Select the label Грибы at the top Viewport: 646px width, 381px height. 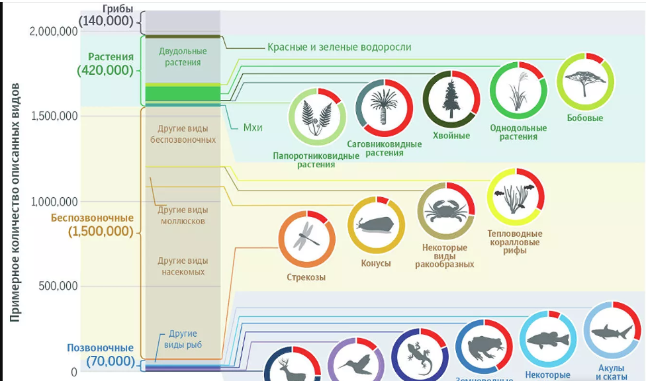coord(118,9)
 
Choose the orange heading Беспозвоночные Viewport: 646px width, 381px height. coord(93,218)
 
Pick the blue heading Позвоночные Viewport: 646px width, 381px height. coord(100,348)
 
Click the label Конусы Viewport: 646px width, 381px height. coord(375,263)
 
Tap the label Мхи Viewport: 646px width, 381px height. coord(252,128)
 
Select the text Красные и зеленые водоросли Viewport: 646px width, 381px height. coord(339,48)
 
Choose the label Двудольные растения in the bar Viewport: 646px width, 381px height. coord(183,57)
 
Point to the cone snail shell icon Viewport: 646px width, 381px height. coord(376,225)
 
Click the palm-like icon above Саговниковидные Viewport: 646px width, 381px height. coord(384,107)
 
